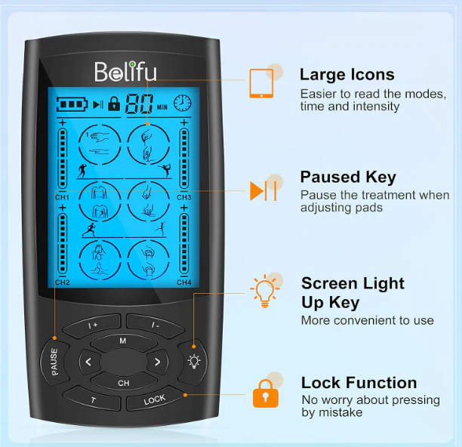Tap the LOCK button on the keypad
click(x=155, y=399)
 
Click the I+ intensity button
click(x=93, y=325)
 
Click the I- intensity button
click(x=156, y=325)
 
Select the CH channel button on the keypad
click(x=124, y=383)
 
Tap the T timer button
click(x=93, y=399)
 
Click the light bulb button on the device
click(x=193, y=361)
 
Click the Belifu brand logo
click(x=125, y=72)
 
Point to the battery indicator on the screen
click(x=72, y=104)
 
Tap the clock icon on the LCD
click(x=182, y=103)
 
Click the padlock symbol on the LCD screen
click(x=114, y=103)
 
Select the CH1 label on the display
click(x=62, y=197)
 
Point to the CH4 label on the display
click(x=184, y=282)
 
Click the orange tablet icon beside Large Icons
click(x=261, y=83)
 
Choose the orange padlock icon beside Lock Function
click(x=266, y=393)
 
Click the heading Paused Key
click(x=348, y=177)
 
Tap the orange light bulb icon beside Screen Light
click(x=264, y=291)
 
